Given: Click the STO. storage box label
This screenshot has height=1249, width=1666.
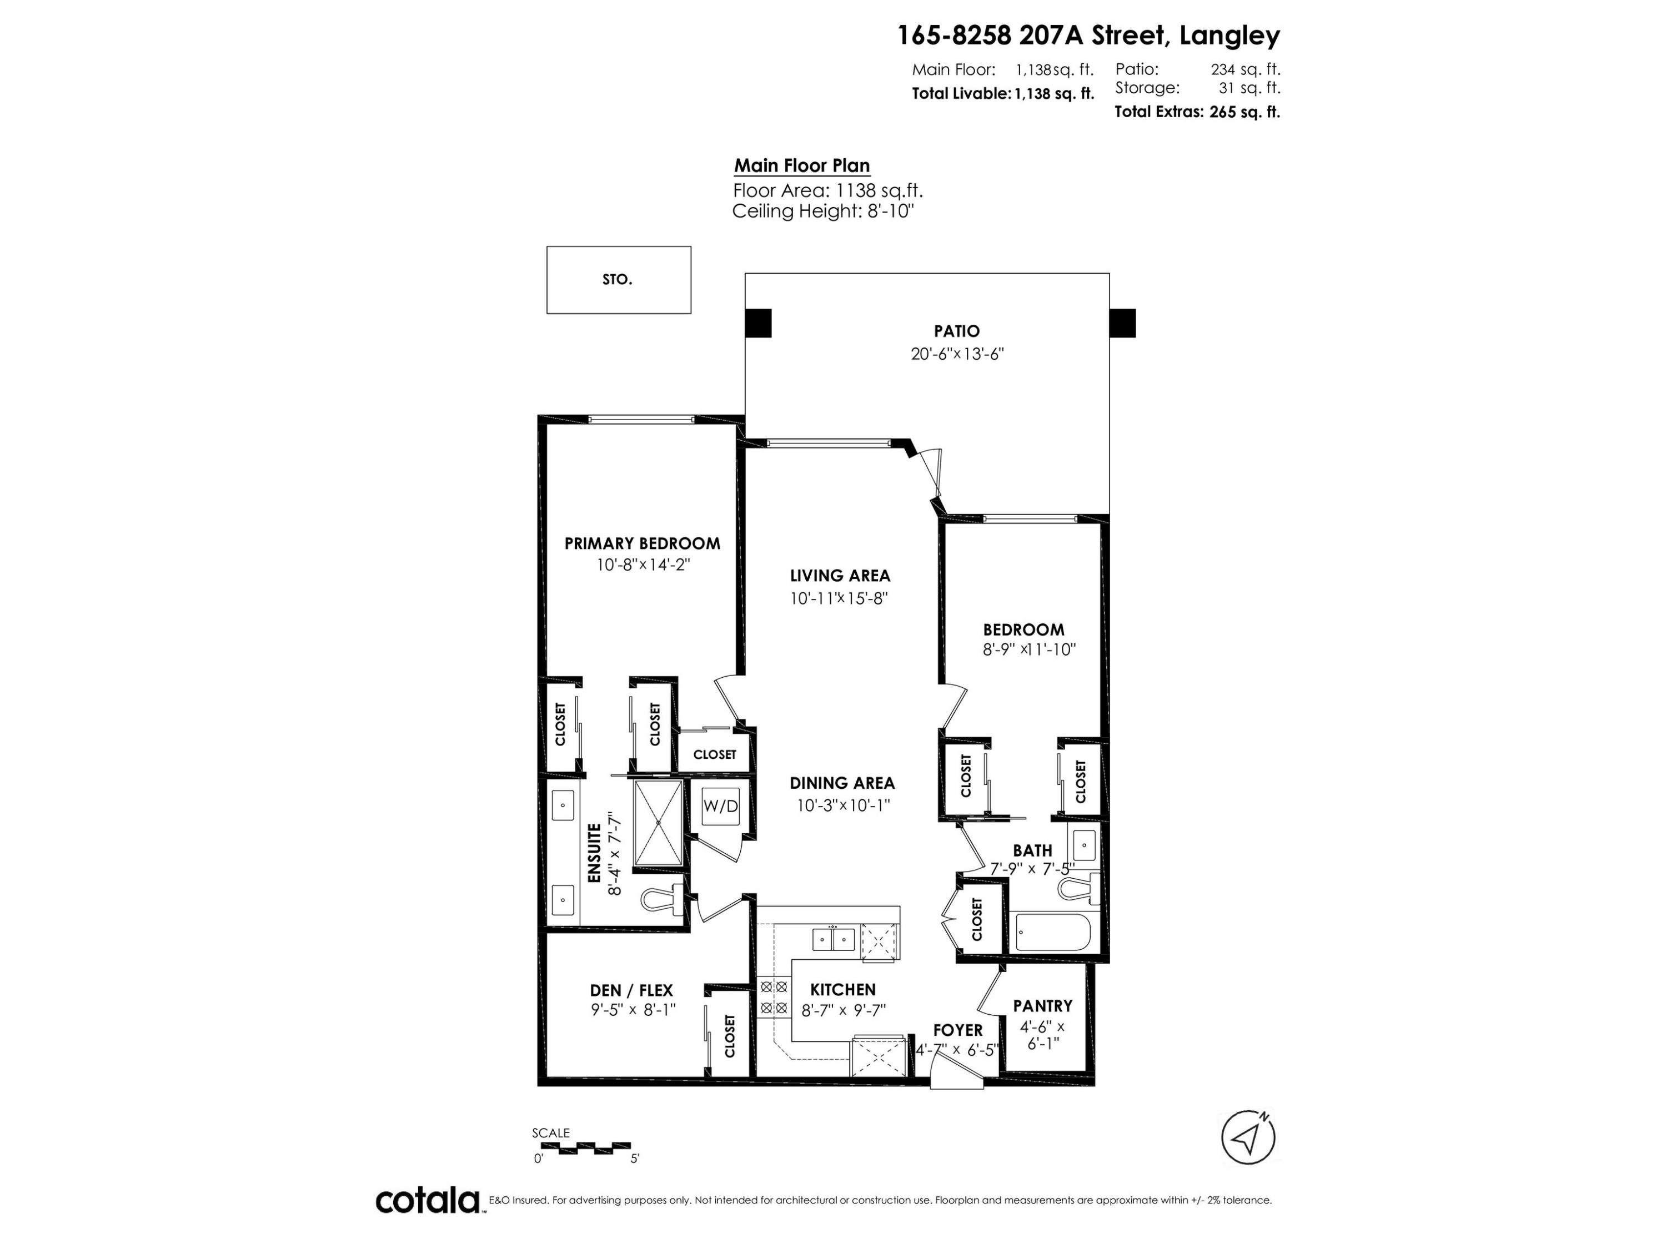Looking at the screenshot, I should pos(617,279).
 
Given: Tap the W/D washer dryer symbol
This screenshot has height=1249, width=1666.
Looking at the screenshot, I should pos(720,805).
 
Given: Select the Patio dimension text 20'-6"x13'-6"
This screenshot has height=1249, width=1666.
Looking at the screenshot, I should pos(956,354).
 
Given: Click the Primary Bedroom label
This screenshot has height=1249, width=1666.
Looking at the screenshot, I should pos(642,543).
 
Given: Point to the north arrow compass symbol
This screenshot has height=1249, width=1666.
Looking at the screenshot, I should pos(1247,1137).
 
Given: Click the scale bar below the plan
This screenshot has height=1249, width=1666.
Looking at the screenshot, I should pos(585,1147).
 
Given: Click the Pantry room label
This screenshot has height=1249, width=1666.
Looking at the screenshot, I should pos(1042,1006).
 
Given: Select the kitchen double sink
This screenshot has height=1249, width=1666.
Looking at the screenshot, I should pos(833,939).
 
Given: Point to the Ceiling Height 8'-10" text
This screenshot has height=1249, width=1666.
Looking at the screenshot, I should pos(822,211).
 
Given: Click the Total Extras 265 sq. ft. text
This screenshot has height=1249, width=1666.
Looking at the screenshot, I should pos(1197,112).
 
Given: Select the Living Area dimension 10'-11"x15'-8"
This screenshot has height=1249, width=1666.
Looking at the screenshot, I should pos(840,598).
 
